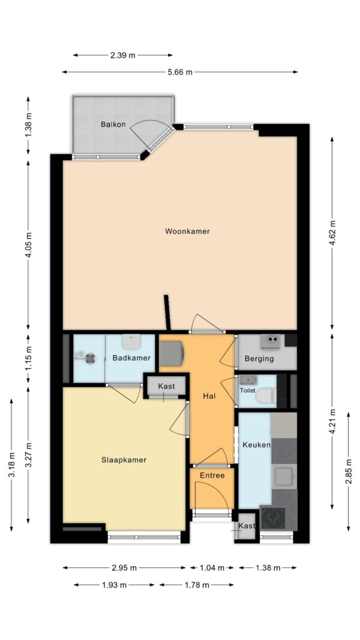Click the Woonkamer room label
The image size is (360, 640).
pos(187,232)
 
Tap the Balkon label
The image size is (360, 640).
pos(113,125)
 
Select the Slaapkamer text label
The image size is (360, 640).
pos(124,460)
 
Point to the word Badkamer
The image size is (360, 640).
pos(131,358)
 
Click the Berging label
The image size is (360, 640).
pos(259,359)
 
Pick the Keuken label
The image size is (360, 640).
pos(256,444)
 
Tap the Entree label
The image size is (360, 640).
pos(212,476)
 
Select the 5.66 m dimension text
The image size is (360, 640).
pos(179,72)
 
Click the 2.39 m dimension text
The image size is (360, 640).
pos(122,55)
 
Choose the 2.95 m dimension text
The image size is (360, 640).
pos(124,568)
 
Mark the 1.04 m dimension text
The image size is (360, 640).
pos(212,568)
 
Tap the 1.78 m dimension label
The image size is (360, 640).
pos(197,585)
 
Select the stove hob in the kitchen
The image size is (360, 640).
pos(273,518)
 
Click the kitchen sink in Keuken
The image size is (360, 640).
pos(285,476)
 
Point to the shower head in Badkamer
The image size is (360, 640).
pos(90,358)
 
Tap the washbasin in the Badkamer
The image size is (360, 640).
pos(131,342)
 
